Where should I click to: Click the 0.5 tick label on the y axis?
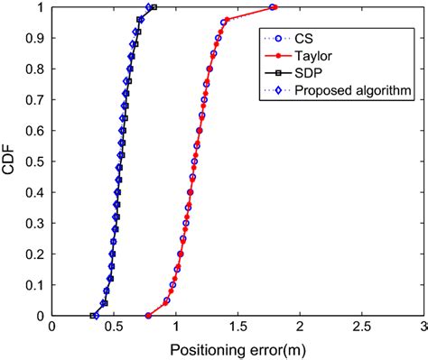34,162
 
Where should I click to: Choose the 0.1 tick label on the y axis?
34,285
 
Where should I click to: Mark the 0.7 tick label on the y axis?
34,100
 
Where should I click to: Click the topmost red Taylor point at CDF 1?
274,7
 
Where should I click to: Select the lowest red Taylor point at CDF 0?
148,316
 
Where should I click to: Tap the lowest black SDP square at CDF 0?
94,316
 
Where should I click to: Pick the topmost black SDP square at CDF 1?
154,7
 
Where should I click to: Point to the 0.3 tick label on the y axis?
34,224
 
